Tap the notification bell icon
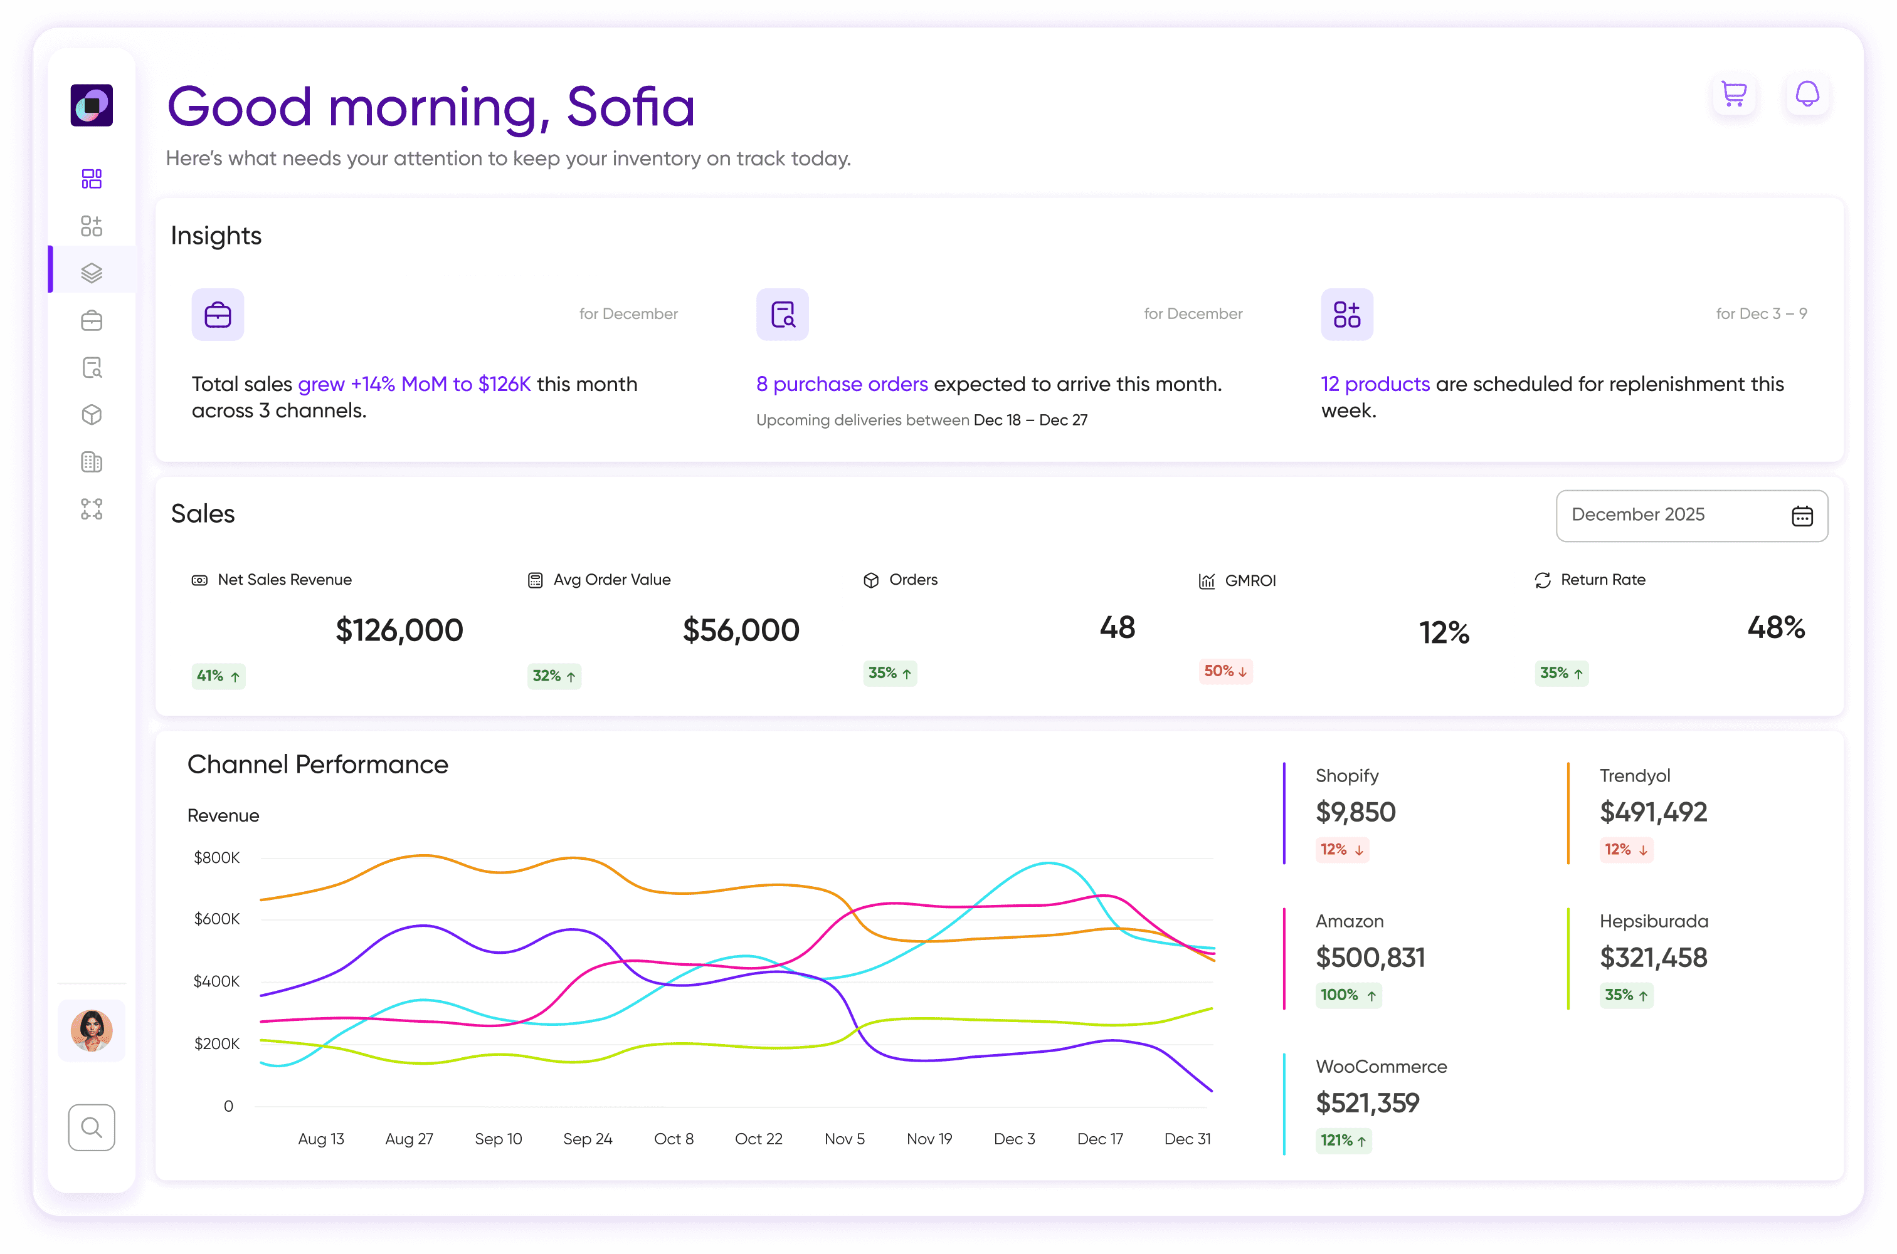(1807, 95)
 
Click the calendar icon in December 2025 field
(1802, 516)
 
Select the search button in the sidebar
(91, 1127)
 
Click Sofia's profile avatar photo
(91, 1030)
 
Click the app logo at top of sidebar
(91, 105)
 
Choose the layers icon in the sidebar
(91, 273)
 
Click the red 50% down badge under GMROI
(1225, 671)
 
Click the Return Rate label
(1602, 580)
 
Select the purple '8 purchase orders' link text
(842, 384)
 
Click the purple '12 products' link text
(1375, 384)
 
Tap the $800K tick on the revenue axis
(217, 857)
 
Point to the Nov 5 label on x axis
(844, 1139)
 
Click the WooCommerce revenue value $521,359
(1367, 1103)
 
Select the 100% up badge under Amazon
(1348, 995)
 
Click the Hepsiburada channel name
(1653, 921)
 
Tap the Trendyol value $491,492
(1653, 812)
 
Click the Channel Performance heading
(318, 765)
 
